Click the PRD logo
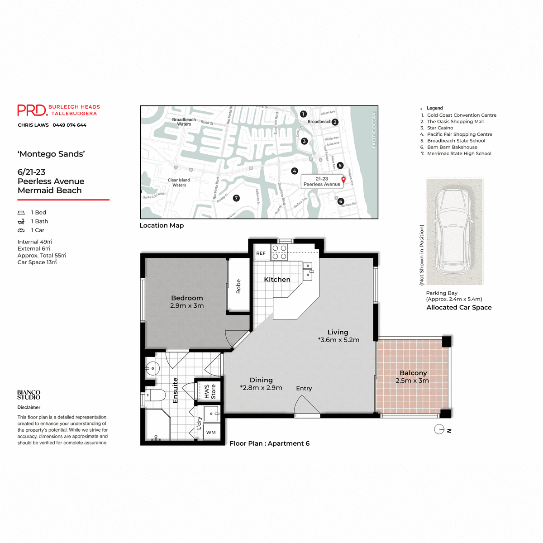(32, 110)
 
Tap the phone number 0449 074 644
(69, 125)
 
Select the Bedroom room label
(187, 298)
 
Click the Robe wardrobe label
(238, 286)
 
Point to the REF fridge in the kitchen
(261, 253)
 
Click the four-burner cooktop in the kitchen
(279, 252)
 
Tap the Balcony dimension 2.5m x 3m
(412, 381)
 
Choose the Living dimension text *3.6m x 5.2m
(338, 340)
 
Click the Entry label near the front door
(304, 388)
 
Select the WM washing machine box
(211, 432)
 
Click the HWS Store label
(210, 391)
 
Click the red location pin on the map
(343, 180)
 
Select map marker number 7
(236, 198)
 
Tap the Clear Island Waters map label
(179, 182)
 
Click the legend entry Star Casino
(440, 128)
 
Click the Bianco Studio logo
(29, 395)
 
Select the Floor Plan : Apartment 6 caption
(269, 443)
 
